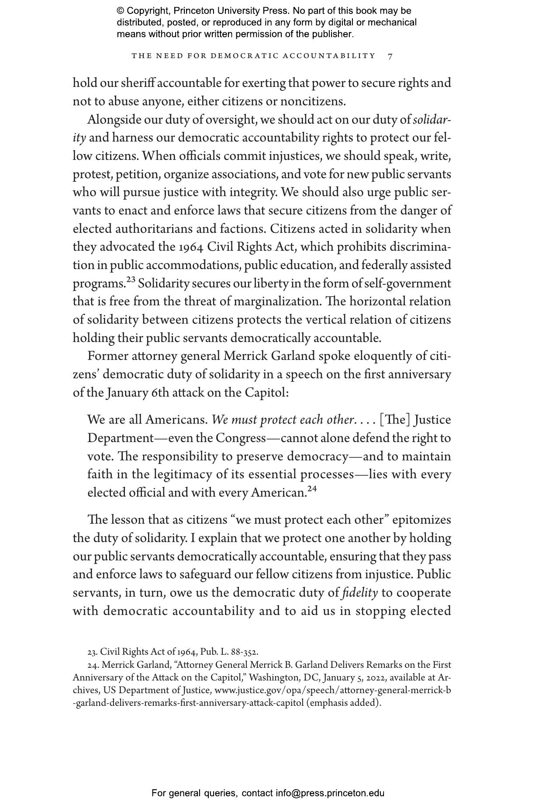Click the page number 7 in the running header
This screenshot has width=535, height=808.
pos(390,56)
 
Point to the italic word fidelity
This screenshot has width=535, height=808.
pos(360,593)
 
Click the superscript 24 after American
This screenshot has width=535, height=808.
pos(312,489)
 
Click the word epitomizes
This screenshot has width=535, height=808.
pos(421,520)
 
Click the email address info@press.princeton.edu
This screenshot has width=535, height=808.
pos(330,793)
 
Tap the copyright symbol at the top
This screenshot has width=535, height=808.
pos(121,11)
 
